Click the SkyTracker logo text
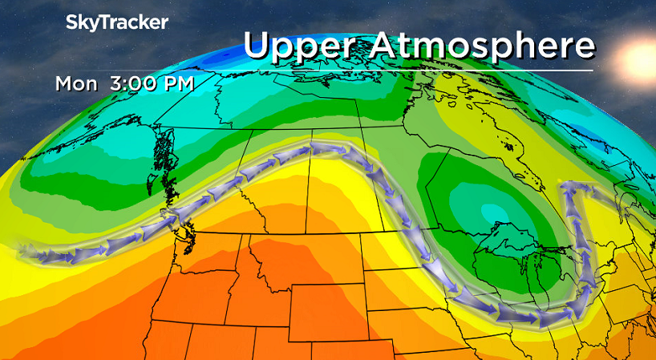[116, 23]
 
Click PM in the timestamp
[176, 83]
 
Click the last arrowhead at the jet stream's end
[591, 189]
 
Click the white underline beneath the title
[417, 71]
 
